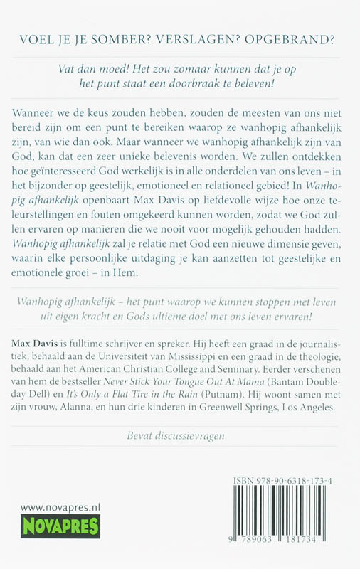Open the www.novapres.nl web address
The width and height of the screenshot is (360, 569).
coord(51,507)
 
